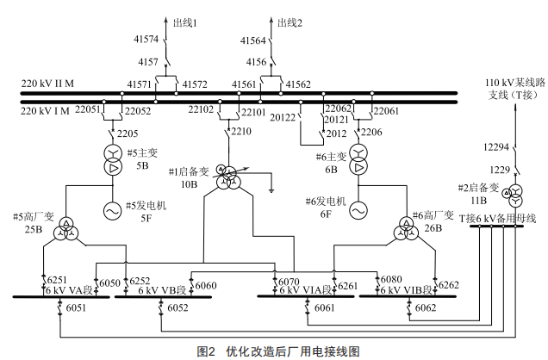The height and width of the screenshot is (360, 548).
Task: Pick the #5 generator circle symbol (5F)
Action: pos(113,209)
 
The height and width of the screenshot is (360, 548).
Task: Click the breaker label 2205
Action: pos(128,132)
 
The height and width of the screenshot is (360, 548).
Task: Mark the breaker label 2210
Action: pos(241,132)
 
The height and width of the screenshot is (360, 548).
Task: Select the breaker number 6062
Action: pos(427,307)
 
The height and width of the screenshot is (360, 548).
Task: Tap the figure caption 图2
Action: pos(208,351)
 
